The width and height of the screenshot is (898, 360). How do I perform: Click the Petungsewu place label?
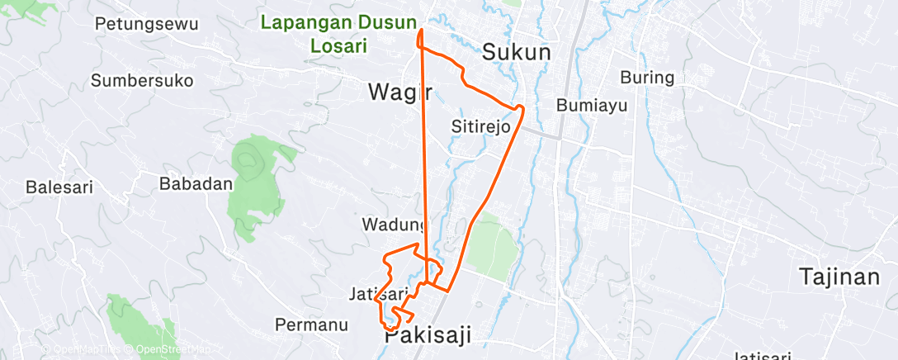coord(147,23)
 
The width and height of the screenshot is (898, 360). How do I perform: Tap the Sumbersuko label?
coord(142,81)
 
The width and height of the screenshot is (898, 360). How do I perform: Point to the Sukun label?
coord(516,52)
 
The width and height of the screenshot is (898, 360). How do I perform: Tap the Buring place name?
coord(647,78)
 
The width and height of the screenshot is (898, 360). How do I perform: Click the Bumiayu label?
coord(593,106)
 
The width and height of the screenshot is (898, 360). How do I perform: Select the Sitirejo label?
coord(481,127)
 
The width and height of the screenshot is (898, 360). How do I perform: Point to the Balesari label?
coord(59,187)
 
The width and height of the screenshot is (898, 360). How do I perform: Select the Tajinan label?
coord(839,277)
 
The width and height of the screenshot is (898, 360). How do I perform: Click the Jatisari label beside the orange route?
coord(378,294)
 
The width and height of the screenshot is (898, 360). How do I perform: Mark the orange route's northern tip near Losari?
coord(421,30)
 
